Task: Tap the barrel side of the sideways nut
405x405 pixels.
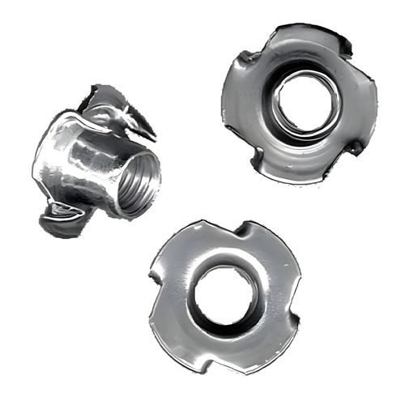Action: point(77,162)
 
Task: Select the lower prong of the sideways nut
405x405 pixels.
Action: point(61,216)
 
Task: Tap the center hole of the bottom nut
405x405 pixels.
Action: point(226,292)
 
